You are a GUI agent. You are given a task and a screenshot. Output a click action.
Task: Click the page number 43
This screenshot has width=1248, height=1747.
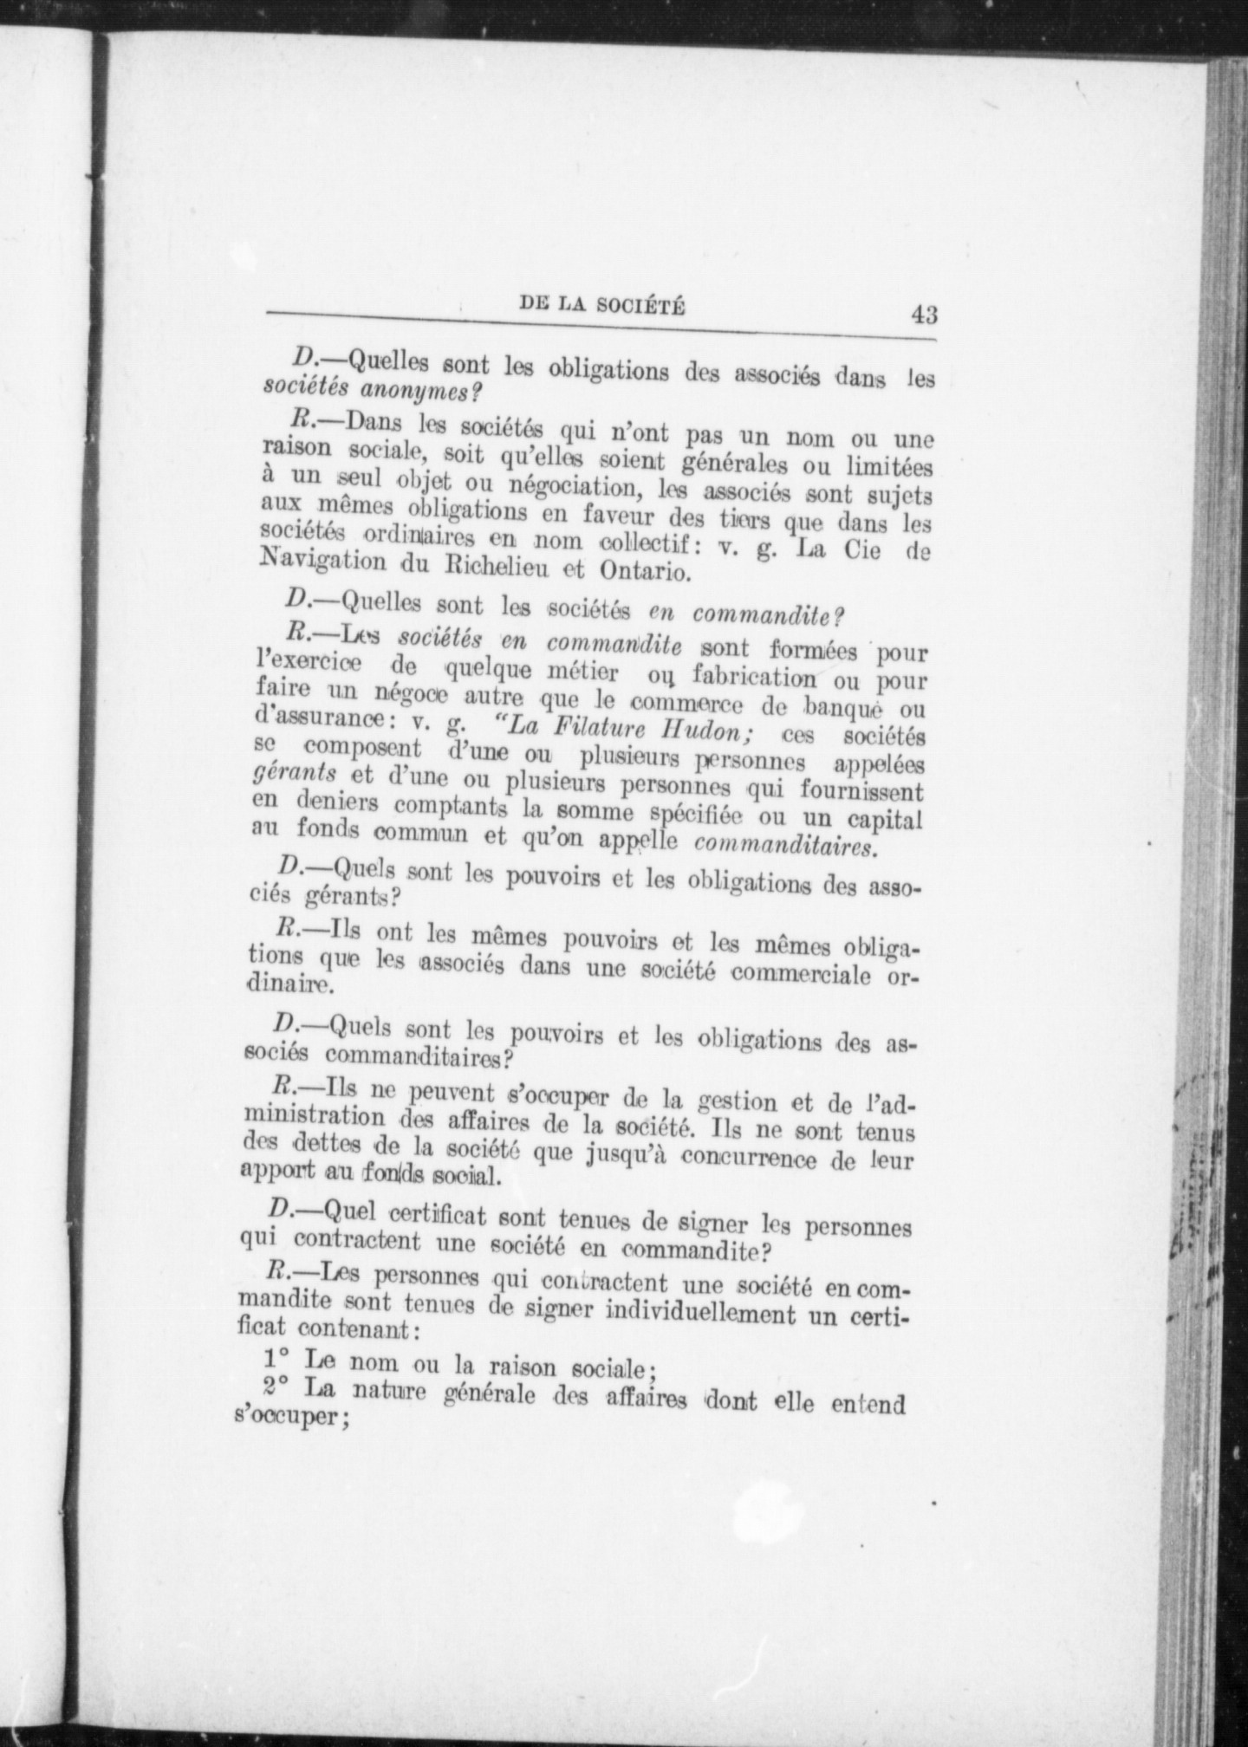923,313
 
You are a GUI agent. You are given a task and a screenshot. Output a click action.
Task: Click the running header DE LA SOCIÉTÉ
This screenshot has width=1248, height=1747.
601,304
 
